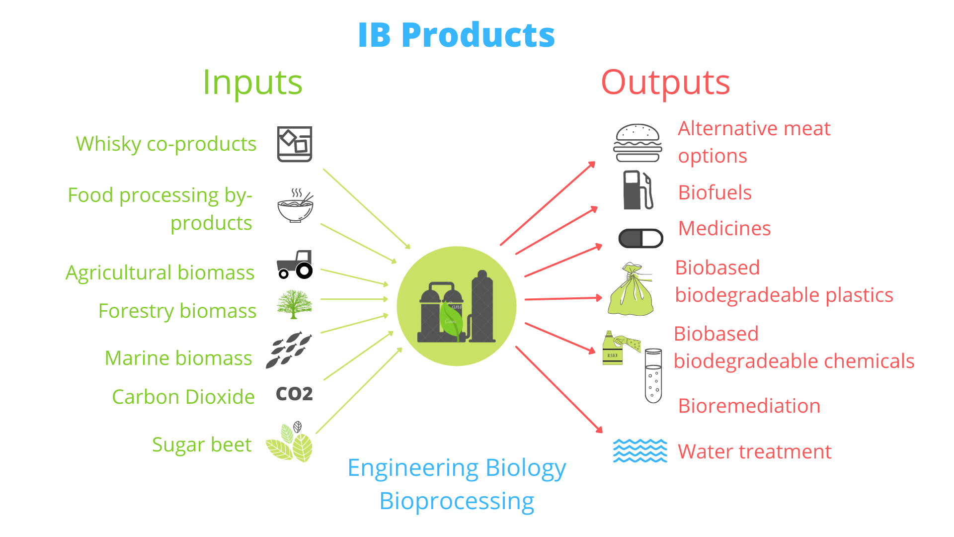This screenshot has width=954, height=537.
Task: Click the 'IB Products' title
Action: [456, 35]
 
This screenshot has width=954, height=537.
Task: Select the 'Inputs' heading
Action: [252, 83]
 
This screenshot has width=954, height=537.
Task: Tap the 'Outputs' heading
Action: [665, 83]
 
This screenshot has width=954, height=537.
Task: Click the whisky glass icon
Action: [295, 144]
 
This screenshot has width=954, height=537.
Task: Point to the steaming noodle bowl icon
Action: [295, 206]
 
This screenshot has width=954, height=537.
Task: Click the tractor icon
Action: [295, 265]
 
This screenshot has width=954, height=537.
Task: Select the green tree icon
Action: [294, 304]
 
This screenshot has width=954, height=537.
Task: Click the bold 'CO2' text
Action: [294, 394]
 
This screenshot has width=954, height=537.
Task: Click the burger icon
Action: [638, 143]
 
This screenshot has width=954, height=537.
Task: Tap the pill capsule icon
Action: [640, 239]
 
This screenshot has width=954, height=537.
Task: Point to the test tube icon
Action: [653, 375]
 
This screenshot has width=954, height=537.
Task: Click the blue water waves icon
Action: [640, 450]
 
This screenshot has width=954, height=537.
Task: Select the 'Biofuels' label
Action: [715, 193]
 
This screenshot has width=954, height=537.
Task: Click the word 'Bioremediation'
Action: [749, 406]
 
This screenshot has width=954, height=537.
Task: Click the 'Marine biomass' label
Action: [178, 358]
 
